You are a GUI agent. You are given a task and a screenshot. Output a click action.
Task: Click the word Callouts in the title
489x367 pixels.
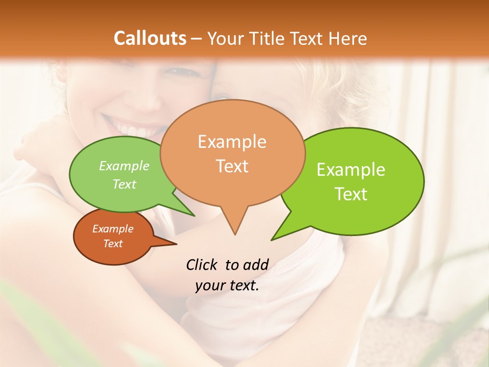tap(150, 38)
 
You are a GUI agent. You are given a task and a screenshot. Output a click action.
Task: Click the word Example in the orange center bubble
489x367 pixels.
tap(232, 142)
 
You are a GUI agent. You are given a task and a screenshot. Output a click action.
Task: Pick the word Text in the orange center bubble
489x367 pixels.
tap(232, 166)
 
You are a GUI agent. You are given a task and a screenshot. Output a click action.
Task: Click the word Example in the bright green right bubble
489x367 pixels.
tap(350, 170)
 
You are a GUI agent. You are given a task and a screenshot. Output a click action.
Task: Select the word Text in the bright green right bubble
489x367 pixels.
tap(351, 194)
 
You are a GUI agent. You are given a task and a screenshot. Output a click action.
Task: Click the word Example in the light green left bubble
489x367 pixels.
tap(124, 166)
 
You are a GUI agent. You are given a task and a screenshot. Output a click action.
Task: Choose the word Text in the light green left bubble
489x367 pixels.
tap(124, 185)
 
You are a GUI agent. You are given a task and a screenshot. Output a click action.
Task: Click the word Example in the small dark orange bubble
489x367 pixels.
tap(113, 229)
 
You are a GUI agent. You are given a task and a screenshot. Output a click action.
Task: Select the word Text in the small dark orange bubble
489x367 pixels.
tap(113, 244)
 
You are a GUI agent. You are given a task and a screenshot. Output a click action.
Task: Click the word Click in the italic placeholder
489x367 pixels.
tap(202, 265)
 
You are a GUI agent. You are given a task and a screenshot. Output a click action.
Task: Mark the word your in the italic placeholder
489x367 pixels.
tap(210, 285)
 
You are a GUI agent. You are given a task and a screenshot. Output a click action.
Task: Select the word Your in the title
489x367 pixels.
tap(226, 38)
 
